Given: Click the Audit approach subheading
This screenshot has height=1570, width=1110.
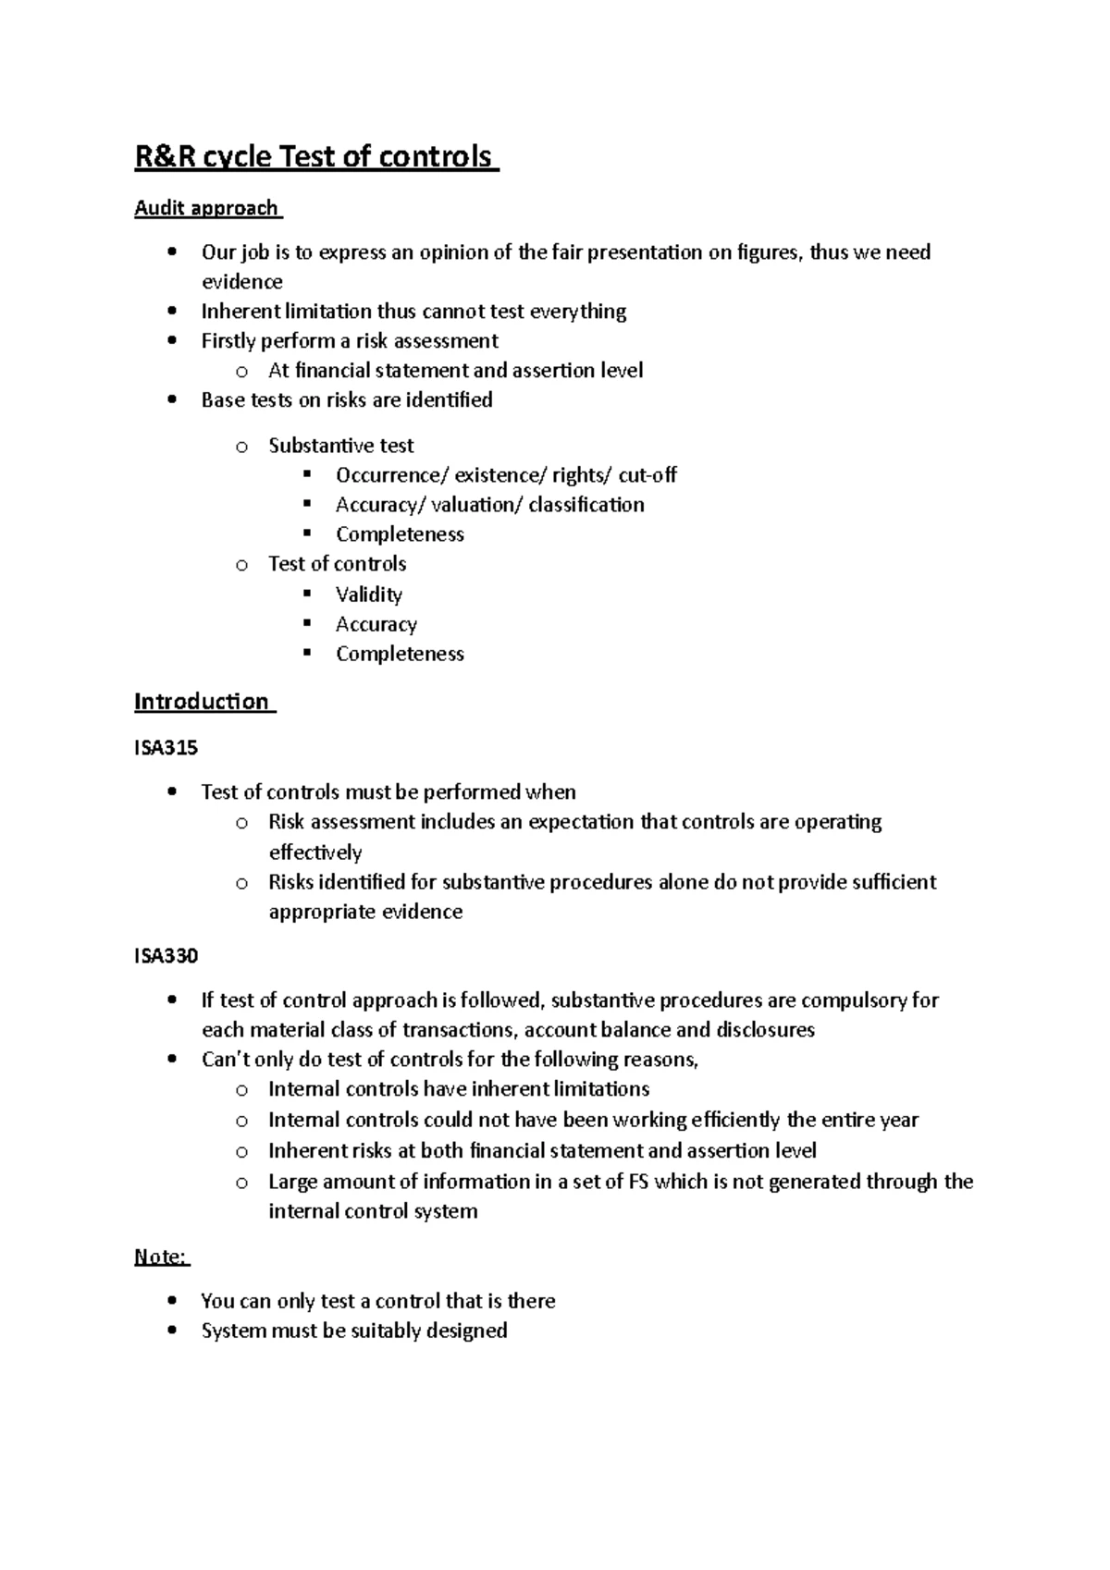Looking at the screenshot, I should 207,208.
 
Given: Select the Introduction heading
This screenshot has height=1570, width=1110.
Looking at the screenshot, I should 203,701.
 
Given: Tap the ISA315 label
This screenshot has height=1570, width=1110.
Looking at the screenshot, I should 166,747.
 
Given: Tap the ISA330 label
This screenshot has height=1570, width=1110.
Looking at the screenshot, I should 166,955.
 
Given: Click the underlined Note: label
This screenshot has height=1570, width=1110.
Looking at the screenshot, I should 161,1257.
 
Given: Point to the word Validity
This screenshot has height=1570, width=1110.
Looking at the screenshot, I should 369,595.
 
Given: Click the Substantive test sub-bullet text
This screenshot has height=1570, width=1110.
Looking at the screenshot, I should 341,446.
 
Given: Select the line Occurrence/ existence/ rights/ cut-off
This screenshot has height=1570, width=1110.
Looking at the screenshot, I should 506,475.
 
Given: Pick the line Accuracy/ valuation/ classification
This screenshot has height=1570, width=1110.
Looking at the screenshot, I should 490,505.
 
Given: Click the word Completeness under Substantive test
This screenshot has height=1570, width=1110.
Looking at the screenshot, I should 400,534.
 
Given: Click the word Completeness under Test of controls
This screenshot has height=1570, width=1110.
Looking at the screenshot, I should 400,654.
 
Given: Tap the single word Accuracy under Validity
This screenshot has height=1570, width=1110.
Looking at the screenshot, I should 376,624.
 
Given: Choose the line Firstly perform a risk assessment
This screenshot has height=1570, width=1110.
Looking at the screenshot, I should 350,341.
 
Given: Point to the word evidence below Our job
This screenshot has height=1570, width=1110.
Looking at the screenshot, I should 242,282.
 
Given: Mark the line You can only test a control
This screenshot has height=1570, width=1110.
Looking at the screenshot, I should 378,1301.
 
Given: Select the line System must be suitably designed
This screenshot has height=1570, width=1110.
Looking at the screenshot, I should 354,1331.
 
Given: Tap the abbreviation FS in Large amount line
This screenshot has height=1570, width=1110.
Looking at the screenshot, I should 638,1182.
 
